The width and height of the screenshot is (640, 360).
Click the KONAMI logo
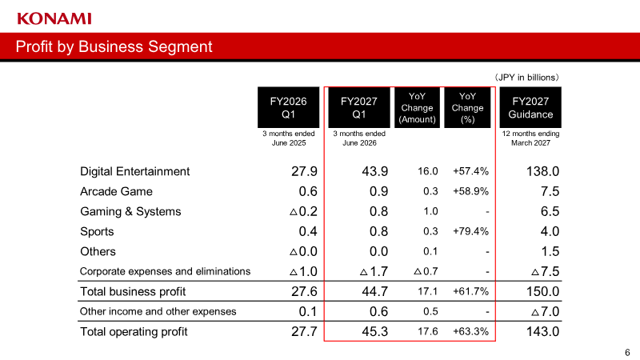54,18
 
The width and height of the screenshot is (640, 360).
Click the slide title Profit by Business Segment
114,46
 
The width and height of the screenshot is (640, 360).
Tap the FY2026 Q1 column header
288,107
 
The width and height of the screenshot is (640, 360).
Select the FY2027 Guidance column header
530,107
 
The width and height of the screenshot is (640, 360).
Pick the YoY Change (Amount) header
417,108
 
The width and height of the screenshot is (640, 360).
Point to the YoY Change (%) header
467,108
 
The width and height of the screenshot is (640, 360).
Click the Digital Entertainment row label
134,171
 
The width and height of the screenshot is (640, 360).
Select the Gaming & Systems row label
130,211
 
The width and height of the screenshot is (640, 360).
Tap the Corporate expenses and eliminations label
165,271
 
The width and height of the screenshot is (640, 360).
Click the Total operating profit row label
134,331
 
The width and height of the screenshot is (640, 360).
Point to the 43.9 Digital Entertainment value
374,171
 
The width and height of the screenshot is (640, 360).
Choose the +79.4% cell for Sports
470,231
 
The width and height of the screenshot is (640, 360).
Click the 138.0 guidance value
542,171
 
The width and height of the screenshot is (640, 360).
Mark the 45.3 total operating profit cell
374,331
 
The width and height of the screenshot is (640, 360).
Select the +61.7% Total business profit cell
470,291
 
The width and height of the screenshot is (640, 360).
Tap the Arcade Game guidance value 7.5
550,191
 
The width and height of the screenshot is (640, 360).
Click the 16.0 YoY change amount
427,171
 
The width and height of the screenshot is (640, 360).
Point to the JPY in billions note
526,78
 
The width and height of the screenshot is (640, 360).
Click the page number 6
627,352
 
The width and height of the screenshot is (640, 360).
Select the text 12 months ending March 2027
530,138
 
